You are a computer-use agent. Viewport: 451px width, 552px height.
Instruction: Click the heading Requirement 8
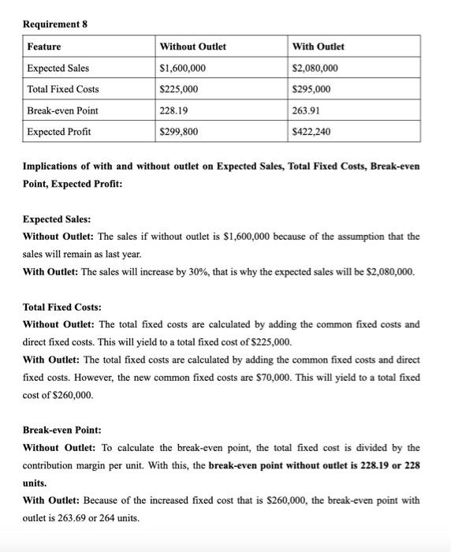55,24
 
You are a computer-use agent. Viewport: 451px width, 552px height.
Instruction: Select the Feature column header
44,47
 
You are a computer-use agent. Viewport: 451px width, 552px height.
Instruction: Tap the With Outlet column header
319,47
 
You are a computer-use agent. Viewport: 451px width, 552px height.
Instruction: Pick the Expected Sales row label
58,69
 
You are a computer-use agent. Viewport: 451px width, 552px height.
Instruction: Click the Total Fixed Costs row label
63,89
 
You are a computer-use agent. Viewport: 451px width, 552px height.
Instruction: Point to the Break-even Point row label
63,110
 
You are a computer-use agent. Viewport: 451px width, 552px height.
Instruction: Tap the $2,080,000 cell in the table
315,69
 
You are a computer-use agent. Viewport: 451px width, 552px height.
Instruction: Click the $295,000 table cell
311,89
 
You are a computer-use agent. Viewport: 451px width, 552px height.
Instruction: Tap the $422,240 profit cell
311,132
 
